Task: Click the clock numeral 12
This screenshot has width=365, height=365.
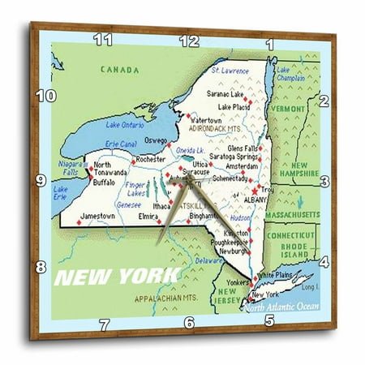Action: tap(188, 40)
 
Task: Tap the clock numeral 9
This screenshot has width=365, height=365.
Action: tap(40, 180)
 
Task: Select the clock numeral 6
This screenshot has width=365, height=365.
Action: tap(189, 323)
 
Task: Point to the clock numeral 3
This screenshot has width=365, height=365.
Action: tap(324, 181)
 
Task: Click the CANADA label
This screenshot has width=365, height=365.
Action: tap(119, 70)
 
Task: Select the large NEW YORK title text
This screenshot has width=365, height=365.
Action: tap(116, 276)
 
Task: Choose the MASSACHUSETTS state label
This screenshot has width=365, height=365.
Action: tap(294, 213)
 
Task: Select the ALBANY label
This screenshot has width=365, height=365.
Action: tap(256, 198)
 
